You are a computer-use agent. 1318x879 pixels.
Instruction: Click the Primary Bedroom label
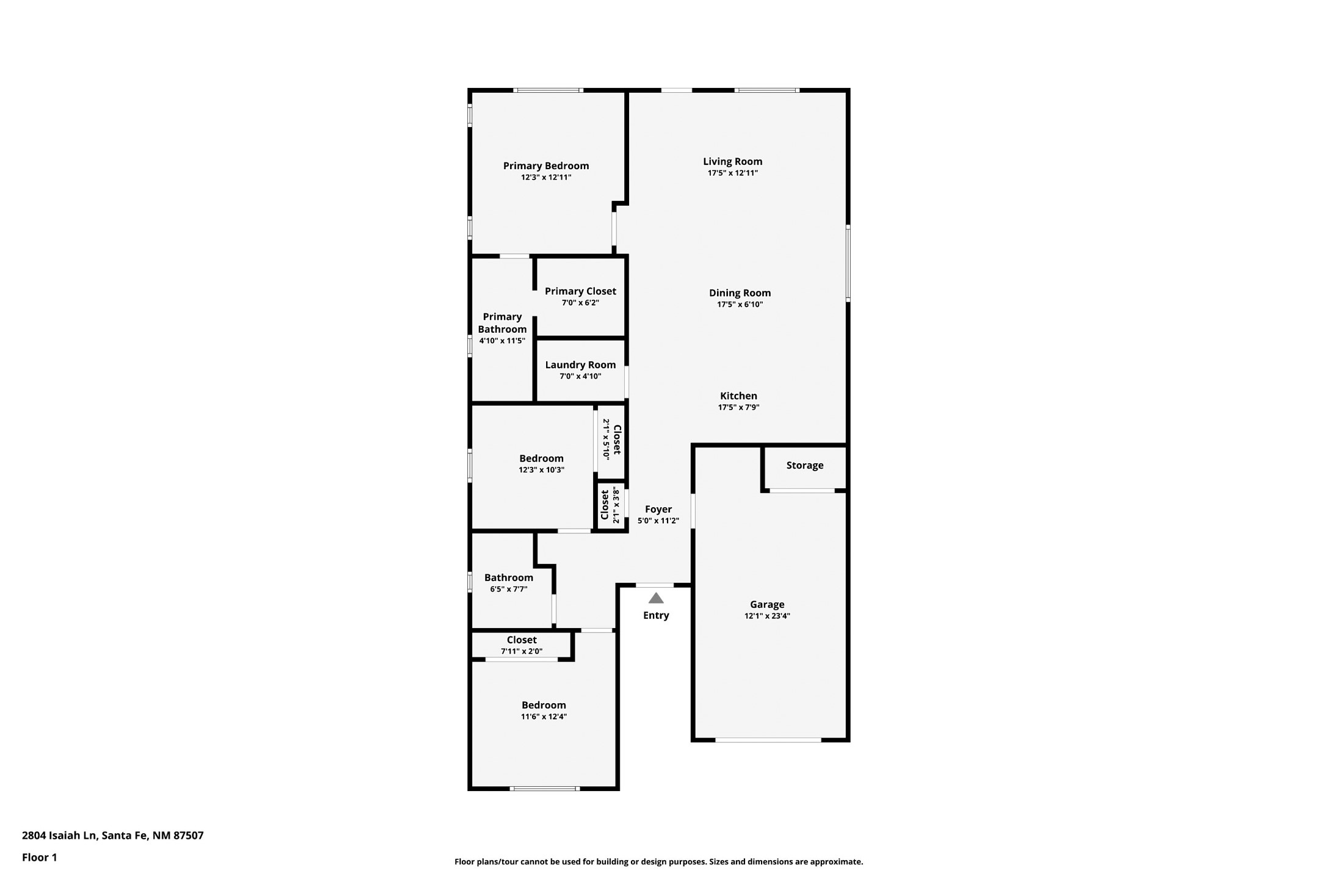[546, 165]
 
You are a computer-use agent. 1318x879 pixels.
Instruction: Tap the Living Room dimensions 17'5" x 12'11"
[733, 173]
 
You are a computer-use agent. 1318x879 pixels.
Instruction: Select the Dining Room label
[740, 293]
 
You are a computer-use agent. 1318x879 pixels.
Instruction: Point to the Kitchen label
[738, 396]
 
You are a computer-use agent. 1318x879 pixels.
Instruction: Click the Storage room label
[805, 465]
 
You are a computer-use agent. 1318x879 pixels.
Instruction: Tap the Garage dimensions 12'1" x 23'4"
[767, 617]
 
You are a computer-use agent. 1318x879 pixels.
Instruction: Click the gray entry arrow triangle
[656, 598]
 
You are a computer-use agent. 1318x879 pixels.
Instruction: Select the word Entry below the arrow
[656, 615]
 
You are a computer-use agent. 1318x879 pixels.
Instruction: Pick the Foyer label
[658, 509]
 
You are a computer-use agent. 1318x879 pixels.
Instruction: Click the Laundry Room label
[580, 365]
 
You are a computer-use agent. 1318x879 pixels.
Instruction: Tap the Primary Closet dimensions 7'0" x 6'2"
[580, 303]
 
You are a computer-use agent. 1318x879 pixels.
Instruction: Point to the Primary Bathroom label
[502, 323]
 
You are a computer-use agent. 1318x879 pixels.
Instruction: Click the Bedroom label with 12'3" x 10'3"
[541, 458]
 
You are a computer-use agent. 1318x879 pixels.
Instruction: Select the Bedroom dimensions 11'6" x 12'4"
[544, 717]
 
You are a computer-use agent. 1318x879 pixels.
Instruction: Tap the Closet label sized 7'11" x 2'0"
[522, 640]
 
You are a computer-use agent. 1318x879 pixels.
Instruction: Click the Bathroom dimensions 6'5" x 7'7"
[508, 590]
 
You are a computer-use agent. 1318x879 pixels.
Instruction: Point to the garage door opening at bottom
[768, 740]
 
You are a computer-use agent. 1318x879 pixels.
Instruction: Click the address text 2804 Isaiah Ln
[59, 836]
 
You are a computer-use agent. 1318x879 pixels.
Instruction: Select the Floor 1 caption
[40, 858]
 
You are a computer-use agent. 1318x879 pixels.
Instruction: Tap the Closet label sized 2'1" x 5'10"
[617, 440]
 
